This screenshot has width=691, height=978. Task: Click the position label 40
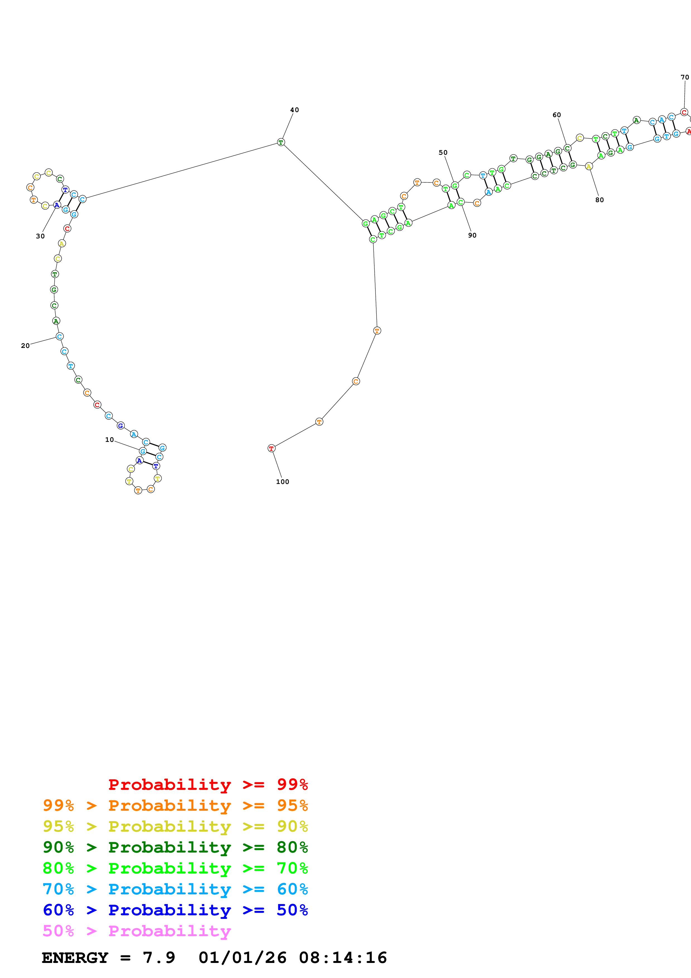pos(294,110)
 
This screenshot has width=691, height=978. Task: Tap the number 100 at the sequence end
pos(282,482)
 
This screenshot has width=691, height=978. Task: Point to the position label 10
pos(110,440)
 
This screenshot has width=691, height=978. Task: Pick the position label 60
pos(556,115)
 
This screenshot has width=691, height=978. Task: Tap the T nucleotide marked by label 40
pos(281,142)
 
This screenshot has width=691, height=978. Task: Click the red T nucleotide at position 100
pos(271,448)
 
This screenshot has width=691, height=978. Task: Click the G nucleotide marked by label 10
pos(143,451)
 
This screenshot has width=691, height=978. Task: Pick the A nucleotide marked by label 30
pos(57,205)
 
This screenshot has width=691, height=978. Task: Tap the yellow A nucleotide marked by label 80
pos(589,166)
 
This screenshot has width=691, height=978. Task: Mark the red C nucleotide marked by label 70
pos(684,112)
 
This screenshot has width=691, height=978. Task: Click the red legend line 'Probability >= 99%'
pos(208,784)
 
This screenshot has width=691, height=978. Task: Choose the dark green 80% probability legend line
pos(175,847)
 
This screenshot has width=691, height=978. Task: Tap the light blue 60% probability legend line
pos(175,889)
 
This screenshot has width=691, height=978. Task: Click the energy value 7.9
pos(159,958)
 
